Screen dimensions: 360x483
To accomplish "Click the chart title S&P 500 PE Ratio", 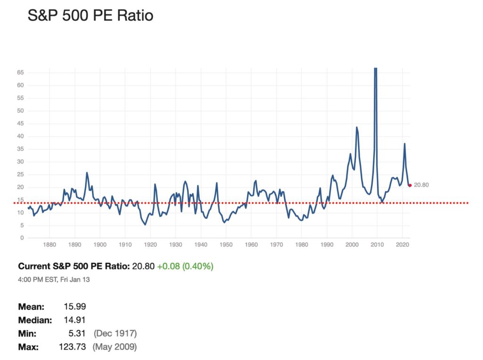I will pyautogui.click(x=90, y=16).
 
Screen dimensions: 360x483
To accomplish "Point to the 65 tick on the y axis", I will pyautogui.click(x=20, y=73).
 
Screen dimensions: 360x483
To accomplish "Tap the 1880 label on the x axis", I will pyautogui.click(x=50, y=245).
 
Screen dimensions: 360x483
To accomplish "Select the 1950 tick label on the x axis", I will pyautogui.click(x=226, y=245).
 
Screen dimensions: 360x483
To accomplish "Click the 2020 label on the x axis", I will pyautogui.click(x=402, y=245).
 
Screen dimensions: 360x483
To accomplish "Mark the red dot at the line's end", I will pyautogui.click(x=410, y=185).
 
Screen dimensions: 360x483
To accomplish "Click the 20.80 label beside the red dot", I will pyautogui.click(x=421, y=185).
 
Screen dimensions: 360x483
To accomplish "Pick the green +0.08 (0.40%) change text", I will pyautogui.click(x=185, y=267).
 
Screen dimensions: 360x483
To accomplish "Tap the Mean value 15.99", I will pyautogui.click(x=75, y=307).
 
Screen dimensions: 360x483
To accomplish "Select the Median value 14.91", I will pyautogui.click(x=75, y=320).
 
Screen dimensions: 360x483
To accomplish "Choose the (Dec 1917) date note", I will pyautogui.click(x=116, y=334).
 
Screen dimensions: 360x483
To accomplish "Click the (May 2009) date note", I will pyautogui.click(x=115, y=347).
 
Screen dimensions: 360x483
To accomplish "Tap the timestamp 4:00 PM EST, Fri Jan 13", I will pyautogui.click(x=54, y=279).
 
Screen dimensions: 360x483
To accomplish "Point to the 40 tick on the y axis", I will pyautogui.click(x=20, y=136).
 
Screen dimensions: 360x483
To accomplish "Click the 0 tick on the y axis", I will pyautogui.click(x=22, y=238).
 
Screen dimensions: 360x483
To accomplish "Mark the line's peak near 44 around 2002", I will pyautogui.click(x=357, y=127).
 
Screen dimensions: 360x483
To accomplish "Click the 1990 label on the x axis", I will pyautogui.click(x=327, y=245).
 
